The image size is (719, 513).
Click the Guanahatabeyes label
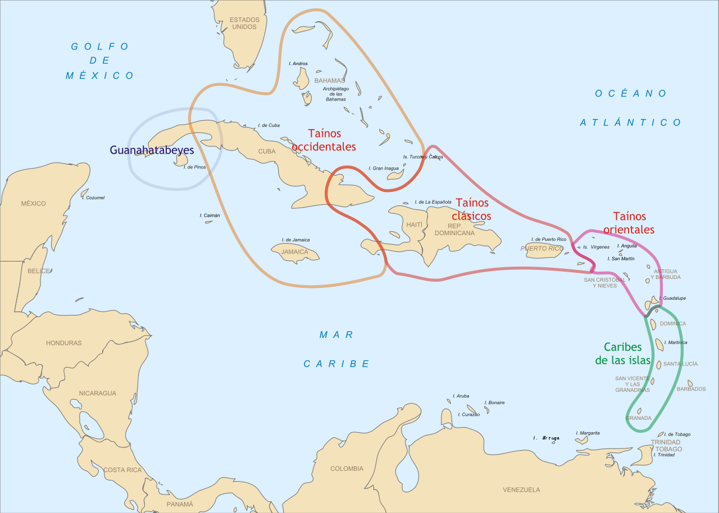[152, 150]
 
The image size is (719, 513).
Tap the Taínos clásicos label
[471, 209]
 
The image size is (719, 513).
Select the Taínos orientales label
[629, 223]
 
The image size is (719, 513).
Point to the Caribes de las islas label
[623, 354]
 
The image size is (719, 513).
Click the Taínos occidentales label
[324, 140]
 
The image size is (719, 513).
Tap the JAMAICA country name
[295, 252]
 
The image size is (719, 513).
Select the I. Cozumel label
[93, 198]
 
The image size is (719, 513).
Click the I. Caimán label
[210, 216]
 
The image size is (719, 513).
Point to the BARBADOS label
[691, 389]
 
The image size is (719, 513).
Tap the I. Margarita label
[588, 433]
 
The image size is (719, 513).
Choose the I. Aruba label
[461, 396]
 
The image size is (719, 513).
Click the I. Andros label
[298, 63]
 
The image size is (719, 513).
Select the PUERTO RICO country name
[541, 249]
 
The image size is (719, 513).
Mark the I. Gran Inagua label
[384, 168]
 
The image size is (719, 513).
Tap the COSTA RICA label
[122, 470]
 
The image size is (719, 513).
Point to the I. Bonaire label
[494, 402]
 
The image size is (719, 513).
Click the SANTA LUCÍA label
[680, 364]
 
